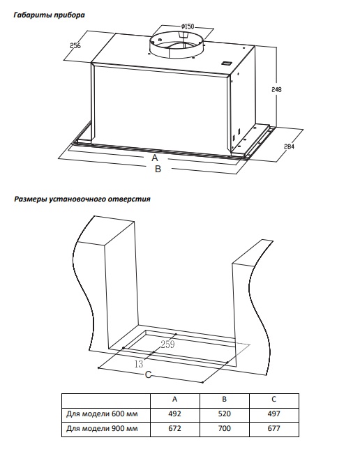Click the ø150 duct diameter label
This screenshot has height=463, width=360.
click(188, 26)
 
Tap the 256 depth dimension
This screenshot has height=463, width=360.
click(75, 46)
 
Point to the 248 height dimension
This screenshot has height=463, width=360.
click(276, 89)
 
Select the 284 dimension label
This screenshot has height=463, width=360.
click(289, 146)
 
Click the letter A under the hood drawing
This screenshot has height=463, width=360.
click(155, 158)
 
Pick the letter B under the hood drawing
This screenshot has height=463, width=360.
click(158, 169)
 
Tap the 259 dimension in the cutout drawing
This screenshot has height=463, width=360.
click(167, 344)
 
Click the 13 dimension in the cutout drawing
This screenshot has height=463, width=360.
click(139, 364)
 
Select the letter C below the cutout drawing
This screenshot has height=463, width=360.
click(148, 374)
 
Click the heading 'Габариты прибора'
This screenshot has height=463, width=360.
click(50, 15)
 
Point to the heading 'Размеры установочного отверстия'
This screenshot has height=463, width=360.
click(82, 199)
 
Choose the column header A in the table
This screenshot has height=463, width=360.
click(175, 400)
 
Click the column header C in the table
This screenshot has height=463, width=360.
click(273, 400)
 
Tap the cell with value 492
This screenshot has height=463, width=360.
click(175, 413)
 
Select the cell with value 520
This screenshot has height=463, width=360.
click(225, 413)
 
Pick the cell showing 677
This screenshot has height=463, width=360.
click(273, 428)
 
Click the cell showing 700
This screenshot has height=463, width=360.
click(225, 428)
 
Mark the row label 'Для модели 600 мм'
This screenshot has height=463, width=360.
click(102, 413)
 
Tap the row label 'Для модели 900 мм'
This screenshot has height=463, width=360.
click(102, 428)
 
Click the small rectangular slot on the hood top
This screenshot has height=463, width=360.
click(227, 63)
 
